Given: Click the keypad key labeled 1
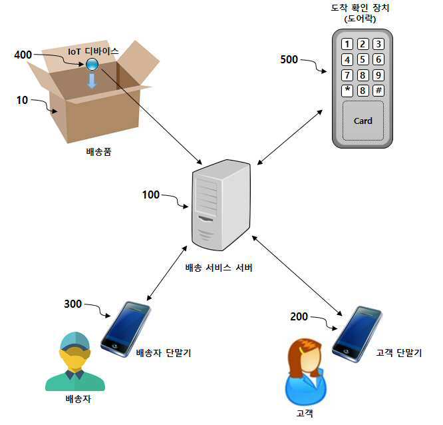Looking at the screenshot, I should [x=347, y=45].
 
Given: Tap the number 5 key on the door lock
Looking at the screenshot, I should [x=363, y=60].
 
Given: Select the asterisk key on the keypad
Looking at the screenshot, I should [x=347, y=90].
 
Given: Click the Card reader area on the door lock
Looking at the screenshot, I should [x=363, y=121].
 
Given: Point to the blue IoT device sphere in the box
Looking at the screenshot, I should [x=91, y=64].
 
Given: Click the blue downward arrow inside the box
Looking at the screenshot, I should [x=92, y=81].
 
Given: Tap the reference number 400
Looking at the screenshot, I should [x=23, y=55].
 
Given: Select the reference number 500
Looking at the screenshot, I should [x=289, y=59].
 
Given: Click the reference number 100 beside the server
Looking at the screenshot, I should [x=151, y=195].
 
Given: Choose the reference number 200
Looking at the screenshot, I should [x=299, y=316].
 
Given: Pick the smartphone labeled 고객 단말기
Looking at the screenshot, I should [x=357, y=333].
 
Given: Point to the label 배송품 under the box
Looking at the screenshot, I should [x=98, y=151].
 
